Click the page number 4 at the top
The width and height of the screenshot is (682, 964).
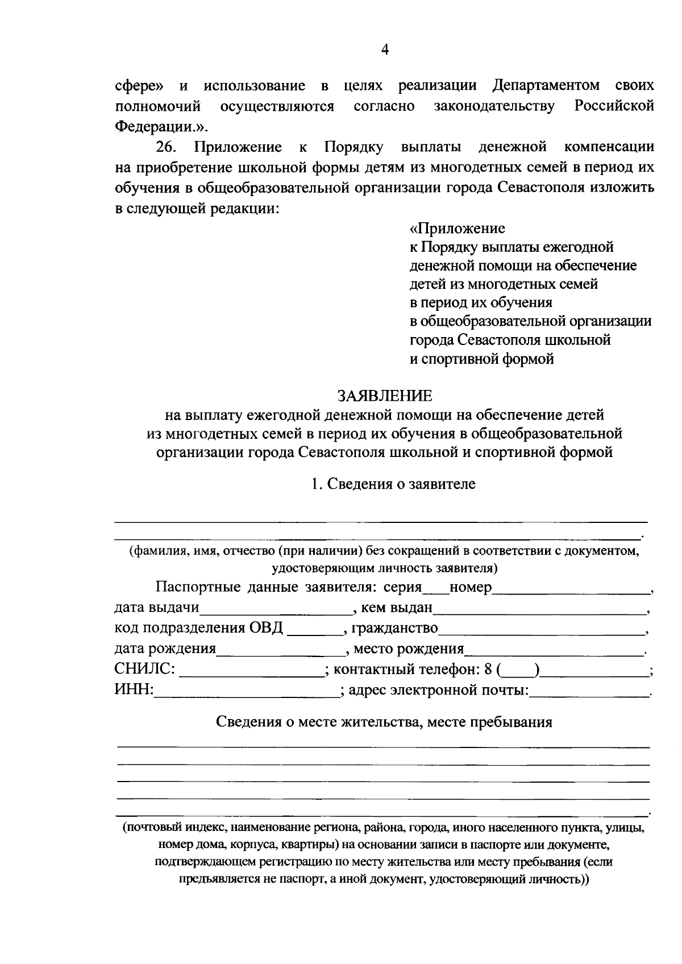[x=385, y=51]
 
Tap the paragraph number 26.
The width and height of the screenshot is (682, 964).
[x=167, y=147]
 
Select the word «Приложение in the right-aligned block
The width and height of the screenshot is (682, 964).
[x=457, y=228]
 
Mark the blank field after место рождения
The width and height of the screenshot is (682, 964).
[x=554, y=650]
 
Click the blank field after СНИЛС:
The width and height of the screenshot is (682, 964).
[x=252, y=671]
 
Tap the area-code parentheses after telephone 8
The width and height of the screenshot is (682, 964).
[x=518, y=671]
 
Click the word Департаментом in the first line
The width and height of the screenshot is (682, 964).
[x=546, y=86]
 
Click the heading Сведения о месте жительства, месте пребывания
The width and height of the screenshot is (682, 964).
[x=384, y=722]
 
